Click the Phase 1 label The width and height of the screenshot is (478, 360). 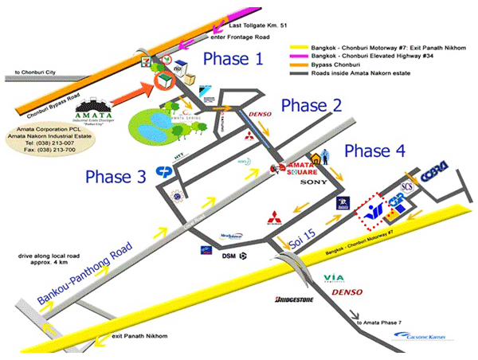click(233, 58)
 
